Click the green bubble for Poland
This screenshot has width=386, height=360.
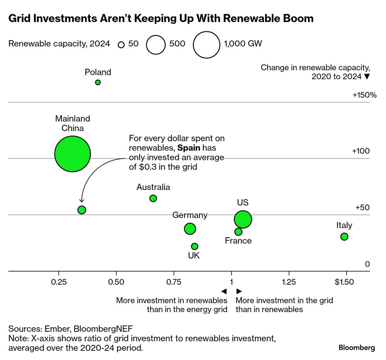[98, 82]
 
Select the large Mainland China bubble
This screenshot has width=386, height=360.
[73, 154]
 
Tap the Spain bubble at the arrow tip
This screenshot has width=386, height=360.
[81, 210]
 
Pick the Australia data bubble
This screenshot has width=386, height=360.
[153, 198]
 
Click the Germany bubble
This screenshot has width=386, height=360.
[190, 228]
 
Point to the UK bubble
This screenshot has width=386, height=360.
[195, 246]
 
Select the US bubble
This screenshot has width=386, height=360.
[243, 219]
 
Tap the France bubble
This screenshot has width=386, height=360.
[238, 232]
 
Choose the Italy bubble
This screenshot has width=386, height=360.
[344, 236]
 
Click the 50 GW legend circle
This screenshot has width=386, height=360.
[121, 45]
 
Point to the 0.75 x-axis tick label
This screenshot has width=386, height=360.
[174, 282]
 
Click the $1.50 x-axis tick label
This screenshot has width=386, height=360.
[344, 282]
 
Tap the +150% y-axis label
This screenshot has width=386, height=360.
[364, 95]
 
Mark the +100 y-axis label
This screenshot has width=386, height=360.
[361, 151]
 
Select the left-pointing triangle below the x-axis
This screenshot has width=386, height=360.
[223, 291]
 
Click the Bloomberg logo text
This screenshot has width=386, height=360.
[357, 348]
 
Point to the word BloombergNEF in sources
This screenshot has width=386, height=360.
[102, 329]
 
